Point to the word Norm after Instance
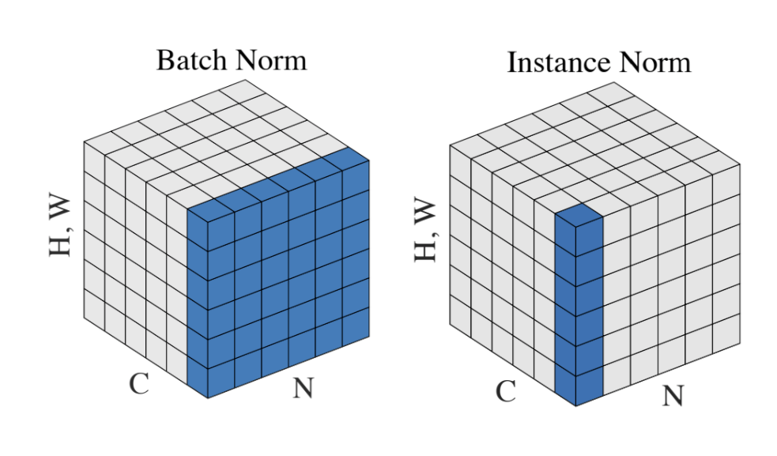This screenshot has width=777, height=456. click(x=657, y=62)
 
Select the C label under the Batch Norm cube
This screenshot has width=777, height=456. click(x=139, y=384)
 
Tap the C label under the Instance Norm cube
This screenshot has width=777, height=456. click(x=506, y=390)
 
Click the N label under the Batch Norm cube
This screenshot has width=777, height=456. click(x=303, y=389)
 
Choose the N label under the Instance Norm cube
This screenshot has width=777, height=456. click(x=673, y=396)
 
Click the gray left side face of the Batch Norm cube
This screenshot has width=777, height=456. click(x=134, y=261)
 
